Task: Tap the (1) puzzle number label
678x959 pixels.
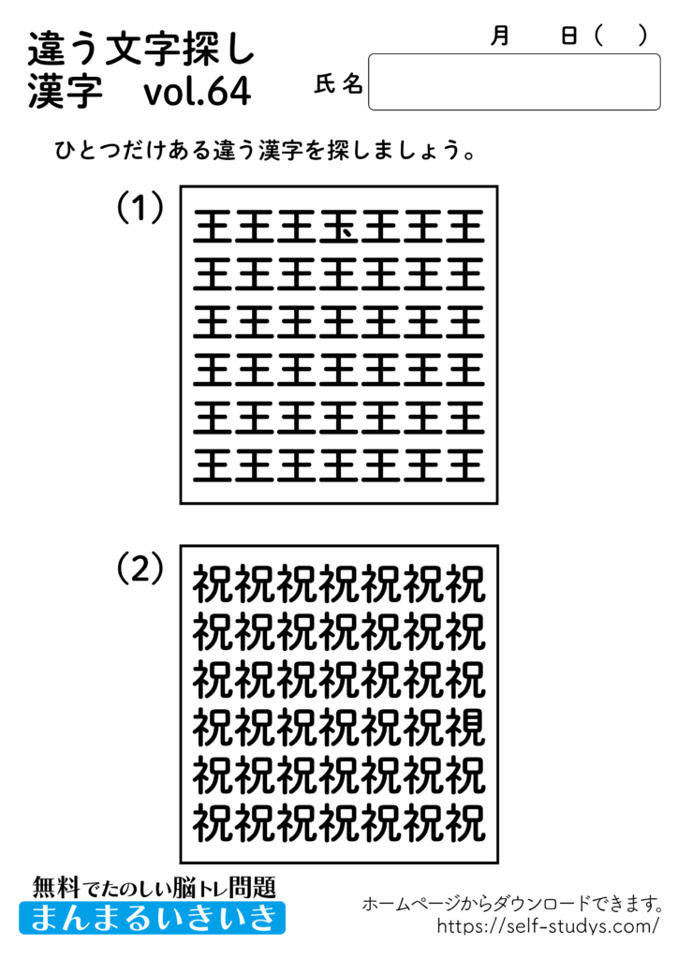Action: pos(140,208)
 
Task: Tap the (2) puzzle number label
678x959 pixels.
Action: pos(140,568)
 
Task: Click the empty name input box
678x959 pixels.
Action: pos(514,82)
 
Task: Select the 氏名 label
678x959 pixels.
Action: pos(339,85)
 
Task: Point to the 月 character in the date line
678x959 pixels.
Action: pos(500,36)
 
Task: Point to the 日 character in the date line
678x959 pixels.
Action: pos(568,36)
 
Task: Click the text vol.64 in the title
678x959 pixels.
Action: pos(198,92)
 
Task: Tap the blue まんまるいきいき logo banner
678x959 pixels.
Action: pos(153,917)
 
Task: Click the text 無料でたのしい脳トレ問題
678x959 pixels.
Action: pos(155,886)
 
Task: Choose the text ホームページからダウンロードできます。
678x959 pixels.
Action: pos(513,904)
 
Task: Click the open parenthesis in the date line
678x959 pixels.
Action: pos(600,36)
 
